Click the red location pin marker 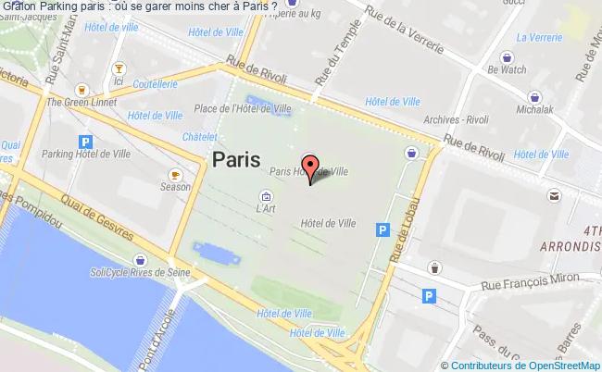coord(311,166)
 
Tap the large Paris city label coord(236,159)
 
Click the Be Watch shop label coord(507,68)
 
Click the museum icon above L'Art coord(266,196)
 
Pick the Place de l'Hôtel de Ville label coord(244,108)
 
